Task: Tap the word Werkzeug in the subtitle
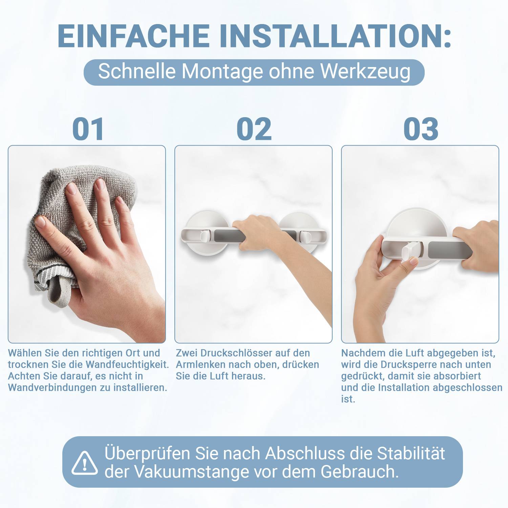(x=365, y=71)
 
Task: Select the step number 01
(x=88, y=129)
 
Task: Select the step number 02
(x=254, y=129)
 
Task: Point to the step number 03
(x=421, y=129)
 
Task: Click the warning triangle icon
(x=84, y=463)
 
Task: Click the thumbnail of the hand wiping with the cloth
(x=87, y=244)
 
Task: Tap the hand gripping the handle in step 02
(x=257, y=234)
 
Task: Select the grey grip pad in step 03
(x=449, y=250)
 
